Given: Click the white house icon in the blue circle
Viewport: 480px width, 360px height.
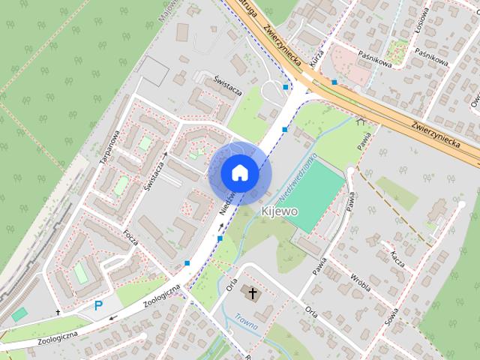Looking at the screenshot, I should pos(240,173).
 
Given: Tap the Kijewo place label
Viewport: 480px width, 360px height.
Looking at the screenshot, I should pos(280,211).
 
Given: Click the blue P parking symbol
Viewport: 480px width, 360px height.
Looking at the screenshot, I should pos(98,305).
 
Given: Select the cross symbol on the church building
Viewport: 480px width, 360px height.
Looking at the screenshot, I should pos(253,293).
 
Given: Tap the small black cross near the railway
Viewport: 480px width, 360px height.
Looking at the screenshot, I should pos(58,312).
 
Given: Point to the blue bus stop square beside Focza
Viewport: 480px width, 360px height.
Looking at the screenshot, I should pos(186,262).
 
